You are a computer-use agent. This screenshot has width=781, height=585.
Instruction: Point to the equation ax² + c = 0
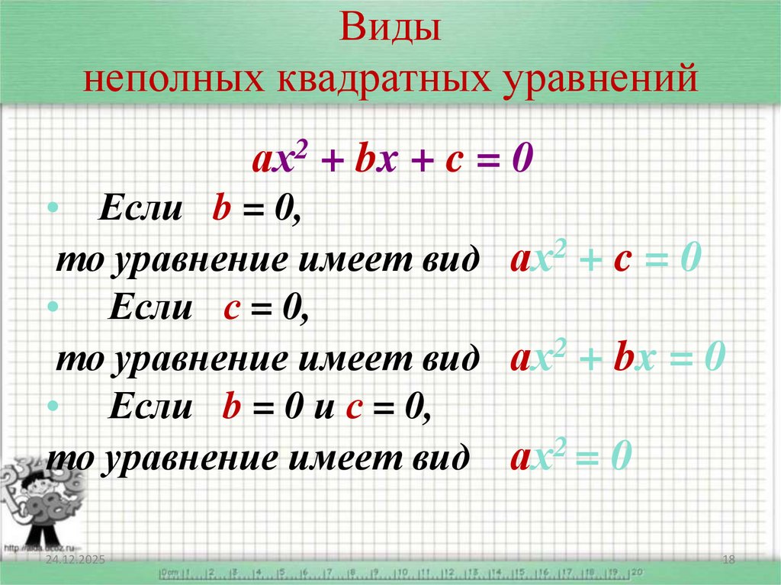605,260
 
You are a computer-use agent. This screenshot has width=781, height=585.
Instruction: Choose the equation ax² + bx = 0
616,357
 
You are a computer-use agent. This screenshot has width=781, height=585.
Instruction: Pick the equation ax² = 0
570,457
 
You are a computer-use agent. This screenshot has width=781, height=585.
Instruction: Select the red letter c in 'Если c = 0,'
233,310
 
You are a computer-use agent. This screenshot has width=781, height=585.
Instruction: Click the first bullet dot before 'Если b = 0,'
52,208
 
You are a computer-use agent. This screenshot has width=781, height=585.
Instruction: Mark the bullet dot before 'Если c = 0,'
52,307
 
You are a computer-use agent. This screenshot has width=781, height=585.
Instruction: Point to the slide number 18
728,561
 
